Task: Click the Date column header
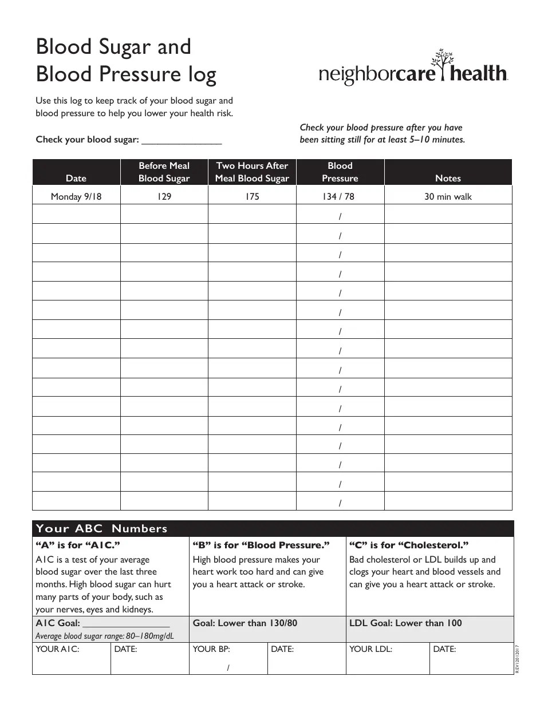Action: pos(76,178)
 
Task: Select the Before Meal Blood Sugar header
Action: pos(164,172)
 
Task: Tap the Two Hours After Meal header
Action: pos(252,172)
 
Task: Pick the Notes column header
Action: pos(448,178)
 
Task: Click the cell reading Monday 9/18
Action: pos(76,197)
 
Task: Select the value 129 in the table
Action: pos(164,197)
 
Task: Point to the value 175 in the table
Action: pos(252,197)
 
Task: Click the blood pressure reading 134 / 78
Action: pos(340,197)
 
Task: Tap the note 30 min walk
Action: pos(448,197)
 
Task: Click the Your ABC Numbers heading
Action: pos(102,528)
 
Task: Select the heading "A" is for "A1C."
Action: pos(78,545)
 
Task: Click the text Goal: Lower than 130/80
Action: pos(245,623)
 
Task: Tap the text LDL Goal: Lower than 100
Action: pos(405,623)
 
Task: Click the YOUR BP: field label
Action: pos(211,649)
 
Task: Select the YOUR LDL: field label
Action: pos(370,649)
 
